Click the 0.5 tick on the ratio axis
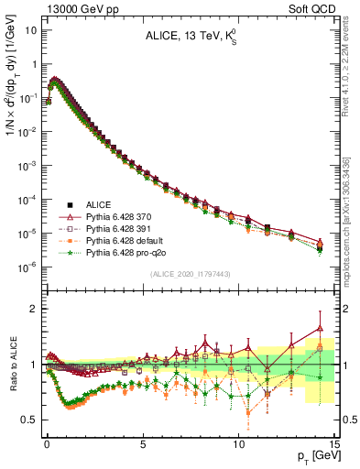point(30,420)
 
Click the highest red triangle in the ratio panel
point(320,328)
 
